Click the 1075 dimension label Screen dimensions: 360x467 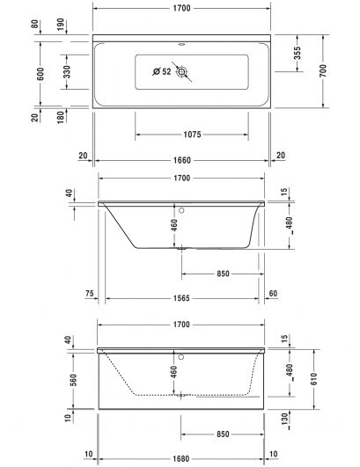192,135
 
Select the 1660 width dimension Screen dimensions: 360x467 182,161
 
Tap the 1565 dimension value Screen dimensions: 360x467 181,298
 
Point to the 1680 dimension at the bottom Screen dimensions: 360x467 181,459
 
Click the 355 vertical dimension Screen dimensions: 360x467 298,53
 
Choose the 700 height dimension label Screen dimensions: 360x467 323,70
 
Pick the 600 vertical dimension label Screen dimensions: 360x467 40,74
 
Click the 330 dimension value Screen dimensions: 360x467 67,72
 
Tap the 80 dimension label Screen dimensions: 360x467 35,24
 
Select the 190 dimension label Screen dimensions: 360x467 61,24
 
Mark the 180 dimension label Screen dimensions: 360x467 61,117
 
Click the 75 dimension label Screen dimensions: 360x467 90,294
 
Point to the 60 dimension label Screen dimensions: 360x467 273,294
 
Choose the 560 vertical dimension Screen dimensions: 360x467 74,380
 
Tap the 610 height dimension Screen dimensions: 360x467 314,379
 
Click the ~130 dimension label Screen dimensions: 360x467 286,420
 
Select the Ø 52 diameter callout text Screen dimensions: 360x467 162,71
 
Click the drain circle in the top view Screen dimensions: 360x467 181,72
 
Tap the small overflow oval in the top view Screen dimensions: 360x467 182,45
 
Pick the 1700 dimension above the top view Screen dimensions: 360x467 182,8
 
